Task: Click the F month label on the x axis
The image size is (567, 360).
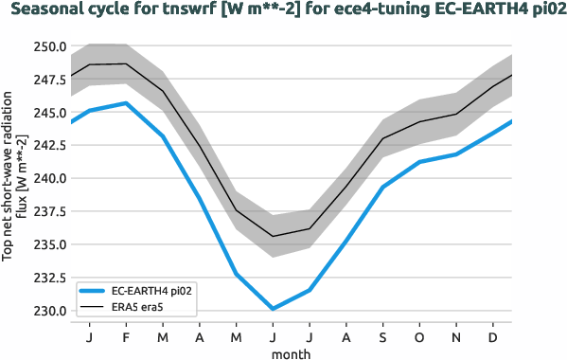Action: [126, 336]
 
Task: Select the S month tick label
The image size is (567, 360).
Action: [383, 336]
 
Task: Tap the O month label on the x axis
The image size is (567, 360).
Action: [420, 336]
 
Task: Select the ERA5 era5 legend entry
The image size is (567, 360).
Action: [142, 307]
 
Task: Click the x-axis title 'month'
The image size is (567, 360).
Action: [291, 352]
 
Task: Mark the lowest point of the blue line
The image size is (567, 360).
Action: [273, 309]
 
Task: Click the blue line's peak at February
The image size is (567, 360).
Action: [126, 103]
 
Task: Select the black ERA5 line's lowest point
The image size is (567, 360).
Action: [273, 236]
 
